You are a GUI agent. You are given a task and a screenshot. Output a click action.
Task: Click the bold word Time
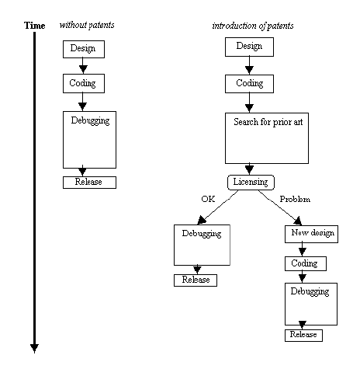coord(34,26)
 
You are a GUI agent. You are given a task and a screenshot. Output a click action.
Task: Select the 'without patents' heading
coord(87,26)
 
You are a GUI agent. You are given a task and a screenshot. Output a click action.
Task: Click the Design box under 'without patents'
coord(82,49)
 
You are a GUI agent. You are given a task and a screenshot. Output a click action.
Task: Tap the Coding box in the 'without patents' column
coord(82,82)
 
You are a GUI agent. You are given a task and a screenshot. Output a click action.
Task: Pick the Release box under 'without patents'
coord(88,182)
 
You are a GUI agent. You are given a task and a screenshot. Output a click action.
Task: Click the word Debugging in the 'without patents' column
coord(88,120)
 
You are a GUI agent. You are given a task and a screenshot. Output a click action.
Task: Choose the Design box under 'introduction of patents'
coord(249,47)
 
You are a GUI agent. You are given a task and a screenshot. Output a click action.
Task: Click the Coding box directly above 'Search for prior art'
coord(249,82)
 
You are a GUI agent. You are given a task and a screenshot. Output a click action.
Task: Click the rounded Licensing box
coord(250,182)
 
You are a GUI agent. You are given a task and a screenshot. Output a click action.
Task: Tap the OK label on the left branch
coord(207,199)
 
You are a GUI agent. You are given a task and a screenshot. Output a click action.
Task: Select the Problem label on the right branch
coord(294,199)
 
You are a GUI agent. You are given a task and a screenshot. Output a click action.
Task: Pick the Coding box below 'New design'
coord(304,263)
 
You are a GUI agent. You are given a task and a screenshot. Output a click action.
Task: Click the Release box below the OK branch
coord(195,280)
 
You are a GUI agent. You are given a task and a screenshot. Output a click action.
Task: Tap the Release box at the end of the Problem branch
coord(303,335)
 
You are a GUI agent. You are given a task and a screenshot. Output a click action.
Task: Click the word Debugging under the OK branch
coord(201,233)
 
